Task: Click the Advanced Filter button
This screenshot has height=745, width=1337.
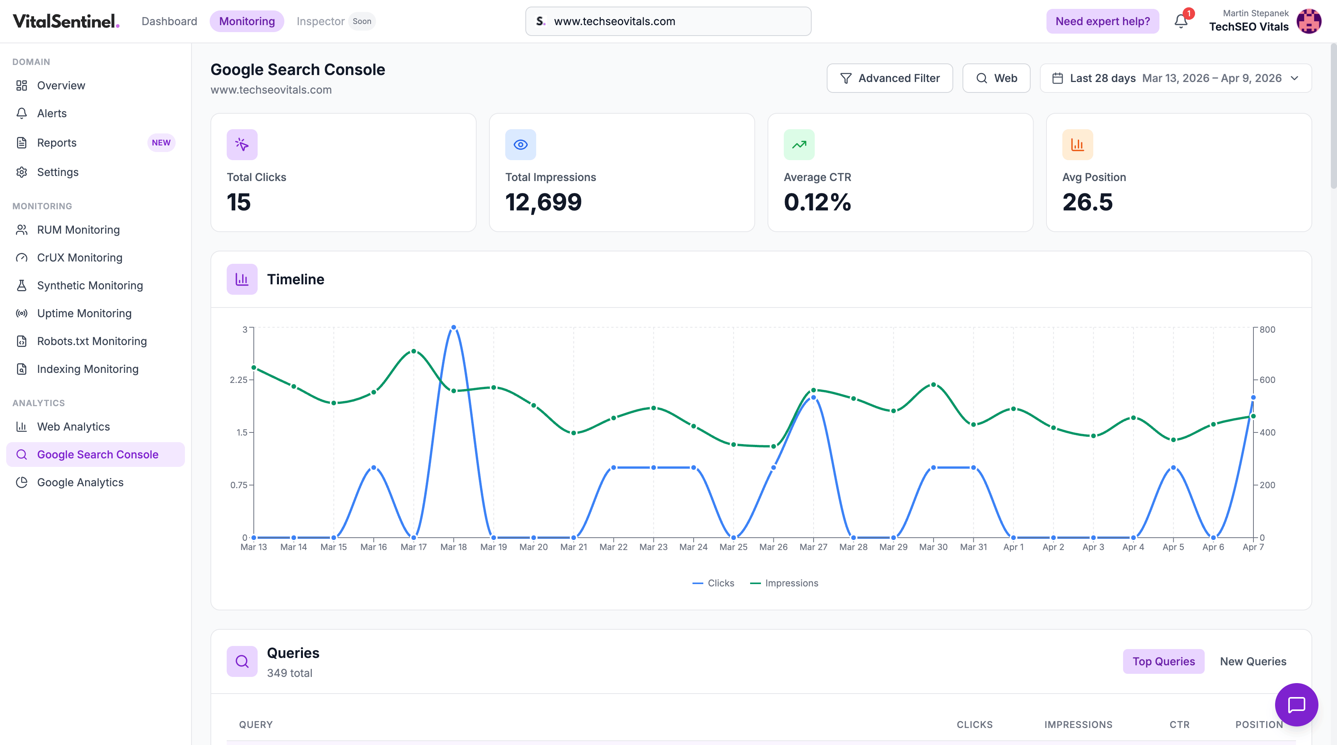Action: point(890,79)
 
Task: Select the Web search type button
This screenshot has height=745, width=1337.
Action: point(996,79)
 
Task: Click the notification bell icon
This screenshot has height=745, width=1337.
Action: point(1181,21)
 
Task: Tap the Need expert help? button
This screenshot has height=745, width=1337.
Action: point(1103,21)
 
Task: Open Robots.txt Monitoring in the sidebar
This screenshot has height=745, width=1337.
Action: point(92,341)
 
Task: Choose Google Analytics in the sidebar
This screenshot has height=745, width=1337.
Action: point(80,482)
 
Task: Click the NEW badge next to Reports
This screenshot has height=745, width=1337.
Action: point(161,143)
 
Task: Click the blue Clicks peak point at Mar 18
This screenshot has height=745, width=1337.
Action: point(454,327)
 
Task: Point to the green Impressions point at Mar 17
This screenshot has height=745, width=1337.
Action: point(414,351)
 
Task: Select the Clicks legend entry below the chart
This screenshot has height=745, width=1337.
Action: point(714,583)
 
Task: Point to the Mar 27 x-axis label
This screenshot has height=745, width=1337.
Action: point(813,547)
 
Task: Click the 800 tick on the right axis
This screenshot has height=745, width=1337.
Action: point(1267,330)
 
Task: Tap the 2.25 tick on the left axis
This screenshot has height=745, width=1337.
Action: point(239,380)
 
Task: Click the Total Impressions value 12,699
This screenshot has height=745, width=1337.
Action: point(544,202)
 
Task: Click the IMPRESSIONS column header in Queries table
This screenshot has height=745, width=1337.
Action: point(1078,725)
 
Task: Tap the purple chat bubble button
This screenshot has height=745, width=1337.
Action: point(1296,704)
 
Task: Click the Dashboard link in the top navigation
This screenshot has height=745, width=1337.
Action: point(169,21)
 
